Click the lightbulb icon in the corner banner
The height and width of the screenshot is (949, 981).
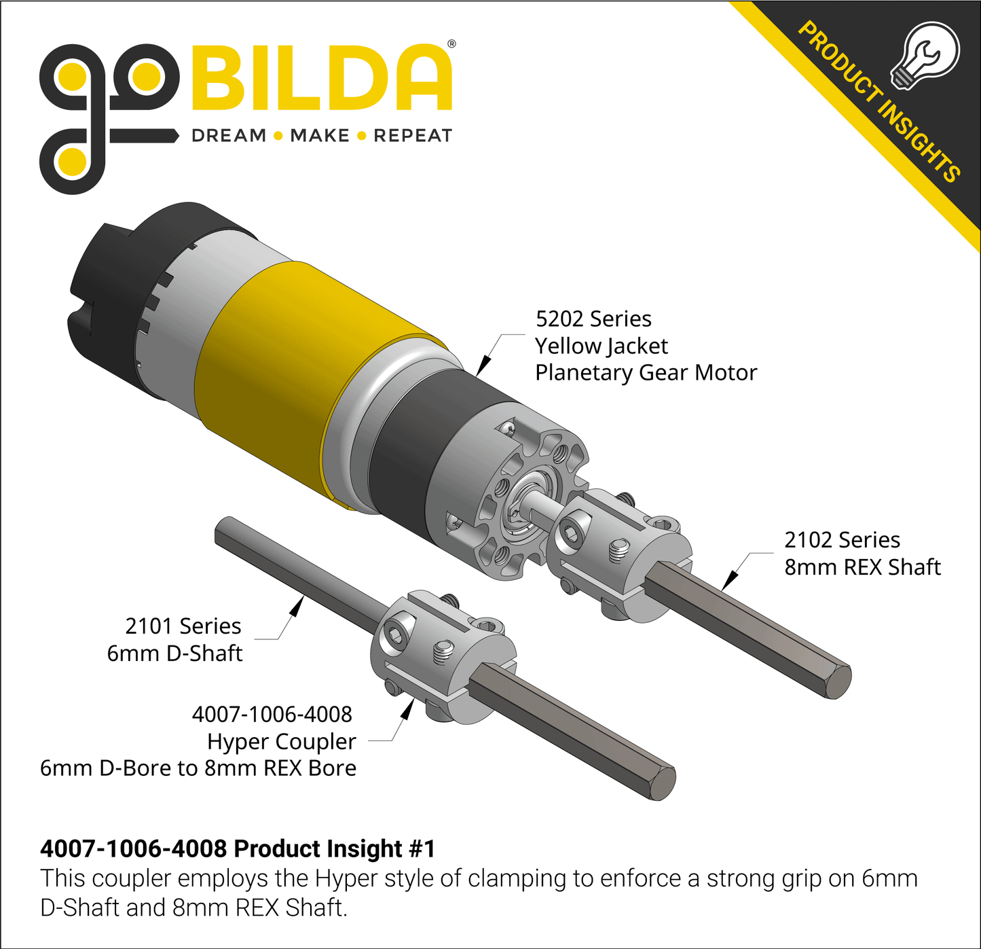(x=925, y=56)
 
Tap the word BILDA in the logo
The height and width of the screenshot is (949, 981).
(x=322, y=77)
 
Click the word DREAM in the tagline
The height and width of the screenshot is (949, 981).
(x=229, y=136)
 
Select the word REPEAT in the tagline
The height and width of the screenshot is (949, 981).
(x=412, y=136)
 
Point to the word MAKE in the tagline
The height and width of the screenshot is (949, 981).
(x=320, y=136)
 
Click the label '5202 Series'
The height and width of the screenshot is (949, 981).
(x=593, y=319)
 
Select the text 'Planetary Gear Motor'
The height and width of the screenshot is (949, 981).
(x=646, y=374)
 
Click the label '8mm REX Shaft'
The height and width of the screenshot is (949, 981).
(x=863, y=567)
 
